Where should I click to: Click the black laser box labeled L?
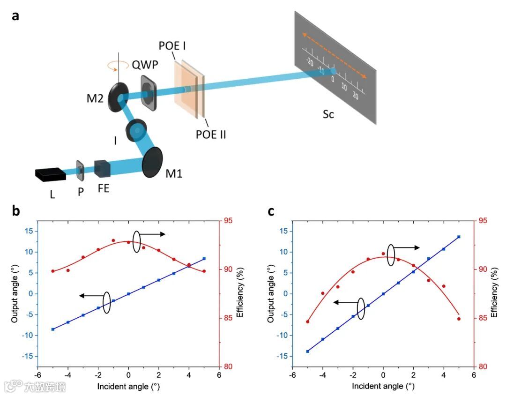[50, 174]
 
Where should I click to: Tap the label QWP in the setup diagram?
[145, 65]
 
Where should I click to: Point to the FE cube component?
[102, 169]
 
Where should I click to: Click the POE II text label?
[210, 135]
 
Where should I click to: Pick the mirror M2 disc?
[119, 97]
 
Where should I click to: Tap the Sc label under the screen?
[328, 114]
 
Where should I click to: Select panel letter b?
[16, 211]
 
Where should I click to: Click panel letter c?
[271, 211]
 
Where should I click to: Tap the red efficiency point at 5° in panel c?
[459, 319]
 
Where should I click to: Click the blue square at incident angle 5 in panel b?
[204, 259]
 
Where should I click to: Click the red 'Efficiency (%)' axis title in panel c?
[495, 293]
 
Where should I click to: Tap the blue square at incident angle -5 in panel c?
[308, 351]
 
